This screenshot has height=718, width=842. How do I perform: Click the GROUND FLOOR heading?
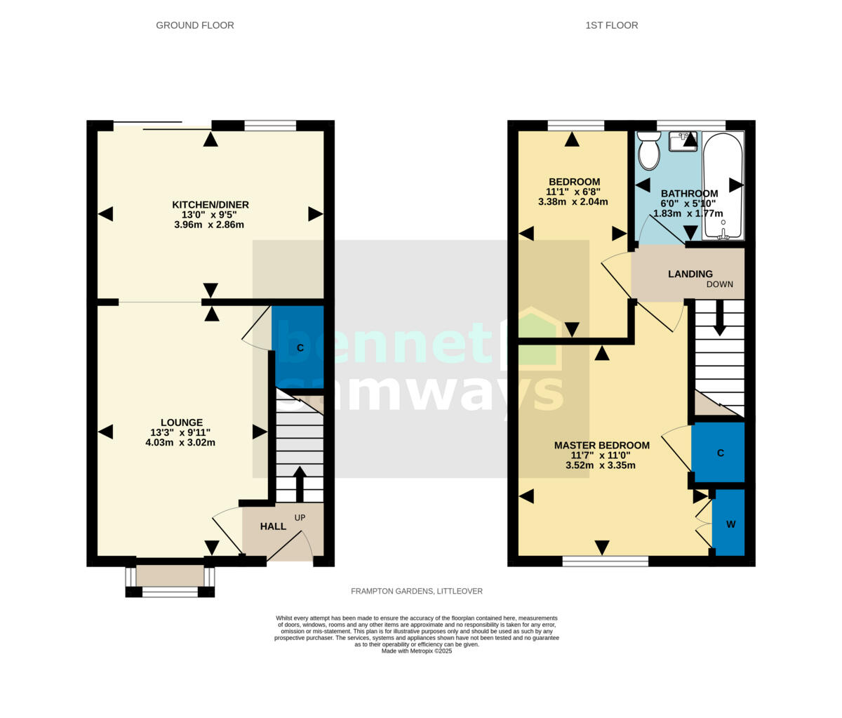pyautogui.click(x=194, y=25)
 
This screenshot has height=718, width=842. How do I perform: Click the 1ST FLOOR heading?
pyautogui.click(x=611, y=25)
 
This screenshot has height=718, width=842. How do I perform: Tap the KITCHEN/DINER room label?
pyautogui.click(x=210, y=205)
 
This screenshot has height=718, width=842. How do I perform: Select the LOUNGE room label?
pyautogui.click(x=180, y=423)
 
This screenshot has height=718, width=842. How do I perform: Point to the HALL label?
pyautogui.click(x=273, y=526)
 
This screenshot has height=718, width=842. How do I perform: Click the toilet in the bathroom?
pyautogui.click(x=649, y=151)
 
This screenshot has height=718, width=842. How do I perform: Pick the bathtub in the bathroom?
pyautogui.click(x=723, y=186)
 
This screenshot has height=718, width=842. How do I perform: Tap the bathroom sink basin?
pyautogui.click(x=682, y=141)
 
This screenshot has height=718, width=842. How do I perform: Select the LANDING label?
pyautogui.click(x=690, y=274)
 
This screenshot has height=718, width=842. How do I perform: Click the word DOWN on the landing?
pyautogui.click(x=720, y=284)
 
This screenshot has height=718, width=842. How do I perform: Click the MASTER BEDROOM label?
pyautogui.click(x=601, y=445)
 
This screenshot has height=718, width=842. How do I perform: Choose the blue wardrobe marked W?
pyautogui.click(x=729, y=524)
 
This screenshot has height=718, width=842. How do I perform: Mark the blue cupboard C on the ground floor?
pyautogui.click(x=299, y=347)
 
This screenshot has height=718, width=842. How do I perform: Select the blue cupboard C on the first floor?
pyautogui.click(x=719, y=453)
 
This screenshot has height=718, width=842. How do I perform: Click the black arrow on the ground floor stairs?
pyautogui.click(x=299, y=483)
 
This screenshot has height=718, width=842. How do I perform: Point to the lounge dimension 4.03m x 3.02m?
pyautogui.click(x=180, y=443)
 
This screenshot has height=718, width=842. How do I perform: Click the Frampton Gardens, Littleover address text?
pyautogui.click(x=417, y=591)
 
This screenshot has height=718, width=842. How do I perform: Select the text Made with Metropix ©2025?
pyautogui.click(x=417, y=651)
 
